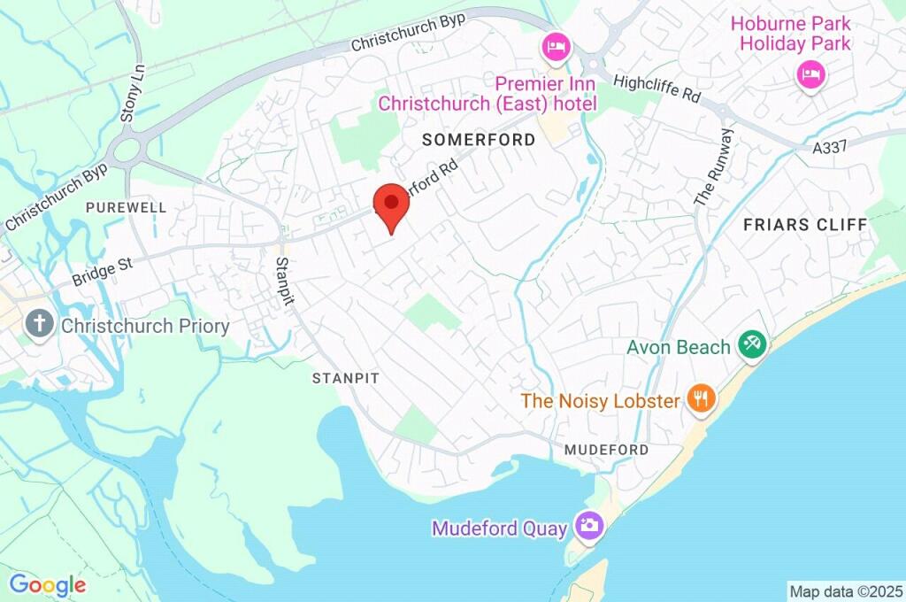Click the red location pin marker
click(391, 205)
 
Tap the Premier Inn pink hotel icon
click(556, 47)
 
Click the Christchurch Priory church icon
click(39, 325)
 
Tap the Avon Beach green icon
click(753, 345)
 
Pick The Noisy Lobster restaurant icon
click(703, 399)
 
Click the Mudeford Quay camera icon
click(587, 527)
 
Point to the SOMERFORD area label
click(479, 140)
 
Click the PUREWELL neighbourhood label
click(127, 207)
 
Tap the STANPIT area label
click(345, 378)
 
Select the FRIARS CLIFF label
click(805, 225)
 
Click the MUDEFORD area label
click(606, 450)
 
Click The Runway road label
click(714, 167)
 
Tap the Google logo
click(47, 584)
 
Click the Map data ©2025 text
click(845, 590)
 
